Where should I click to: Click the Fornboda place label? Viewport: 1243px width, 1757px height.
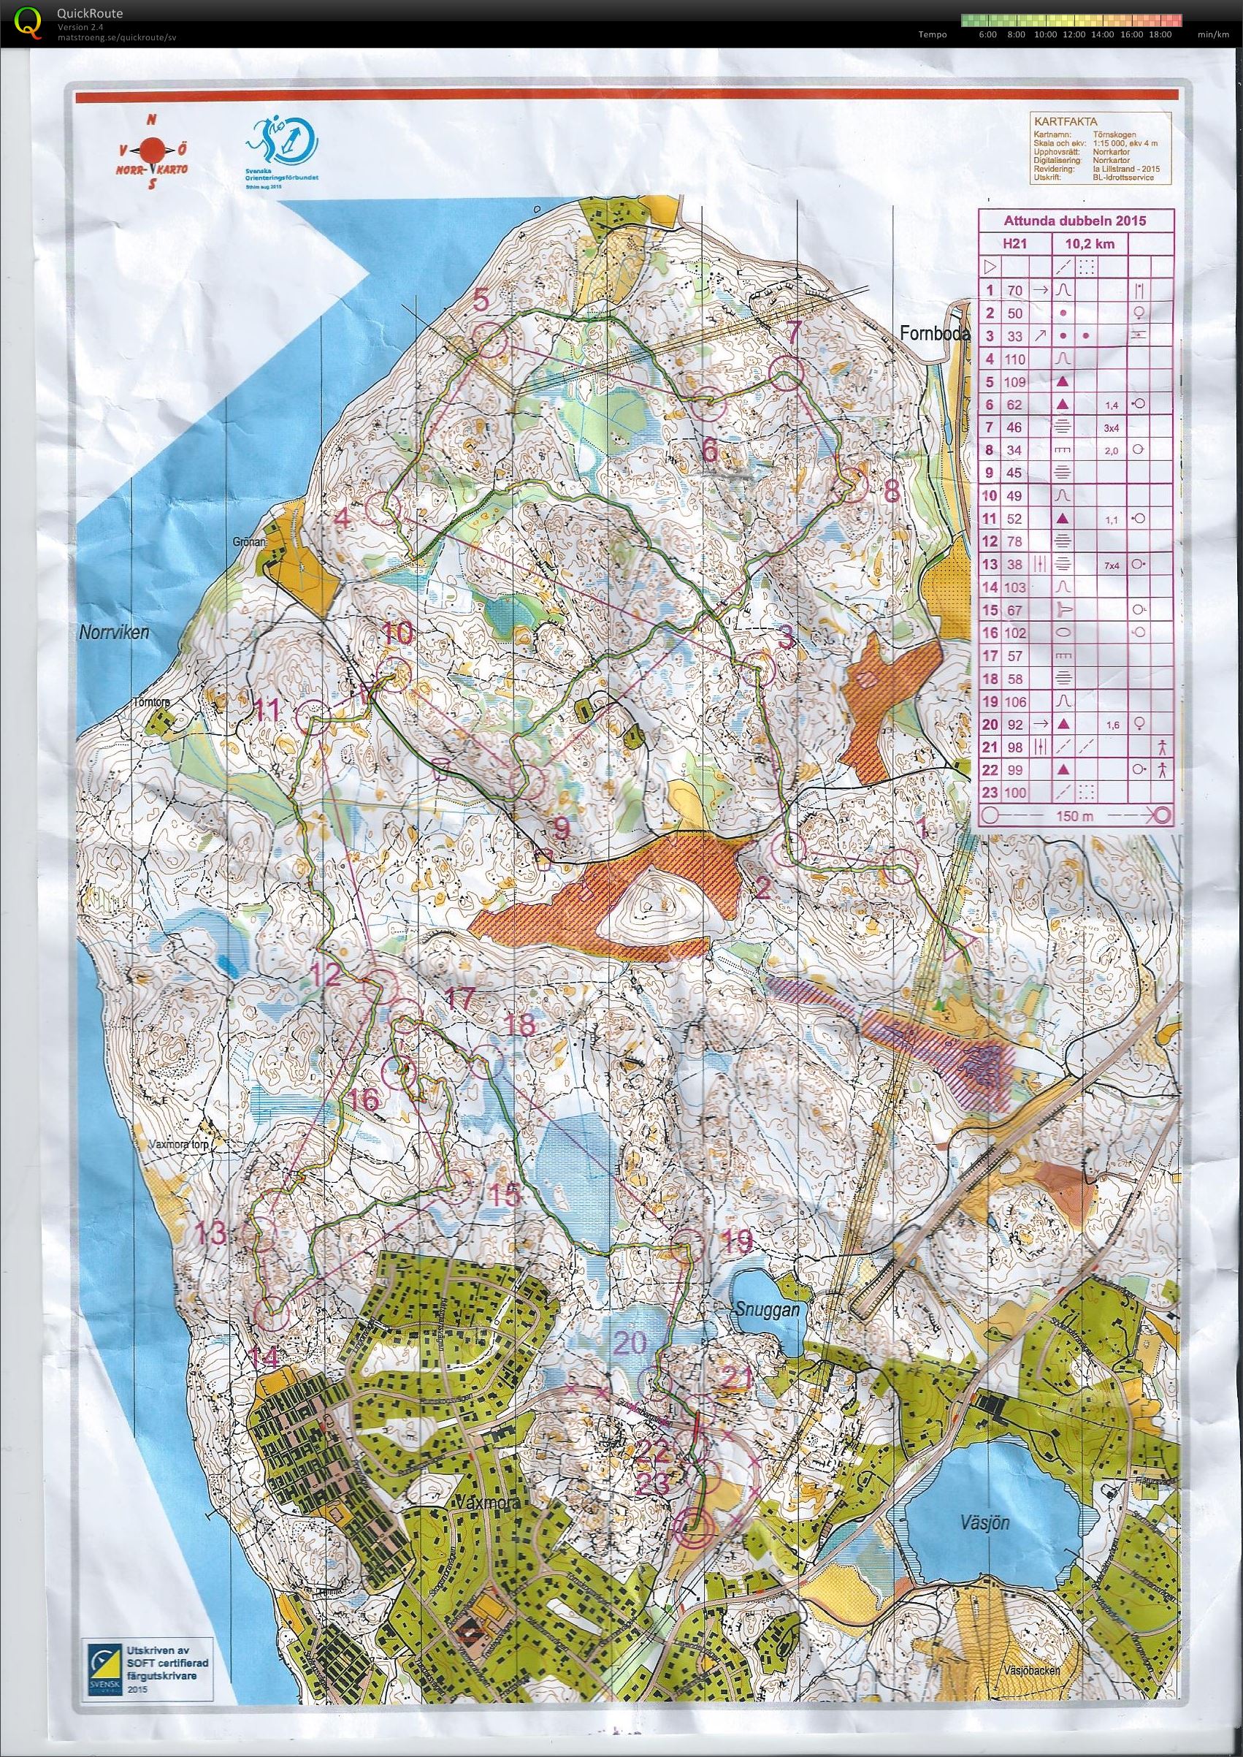tap(935, 335)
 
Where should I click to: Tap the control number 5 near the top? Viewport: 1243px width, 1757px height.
tap(480, 300)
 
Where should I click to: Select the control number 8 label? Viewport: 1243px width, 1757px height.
tap(892, 492)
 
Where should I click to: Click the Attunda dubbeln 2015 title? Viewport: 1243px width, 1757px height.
tap(1074, 221)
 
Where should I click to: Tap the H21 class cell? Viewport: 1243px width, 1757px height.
tap(1015, 244)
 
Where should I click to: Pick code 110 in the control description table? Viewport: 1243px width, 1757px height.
tap(1015, 358)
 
